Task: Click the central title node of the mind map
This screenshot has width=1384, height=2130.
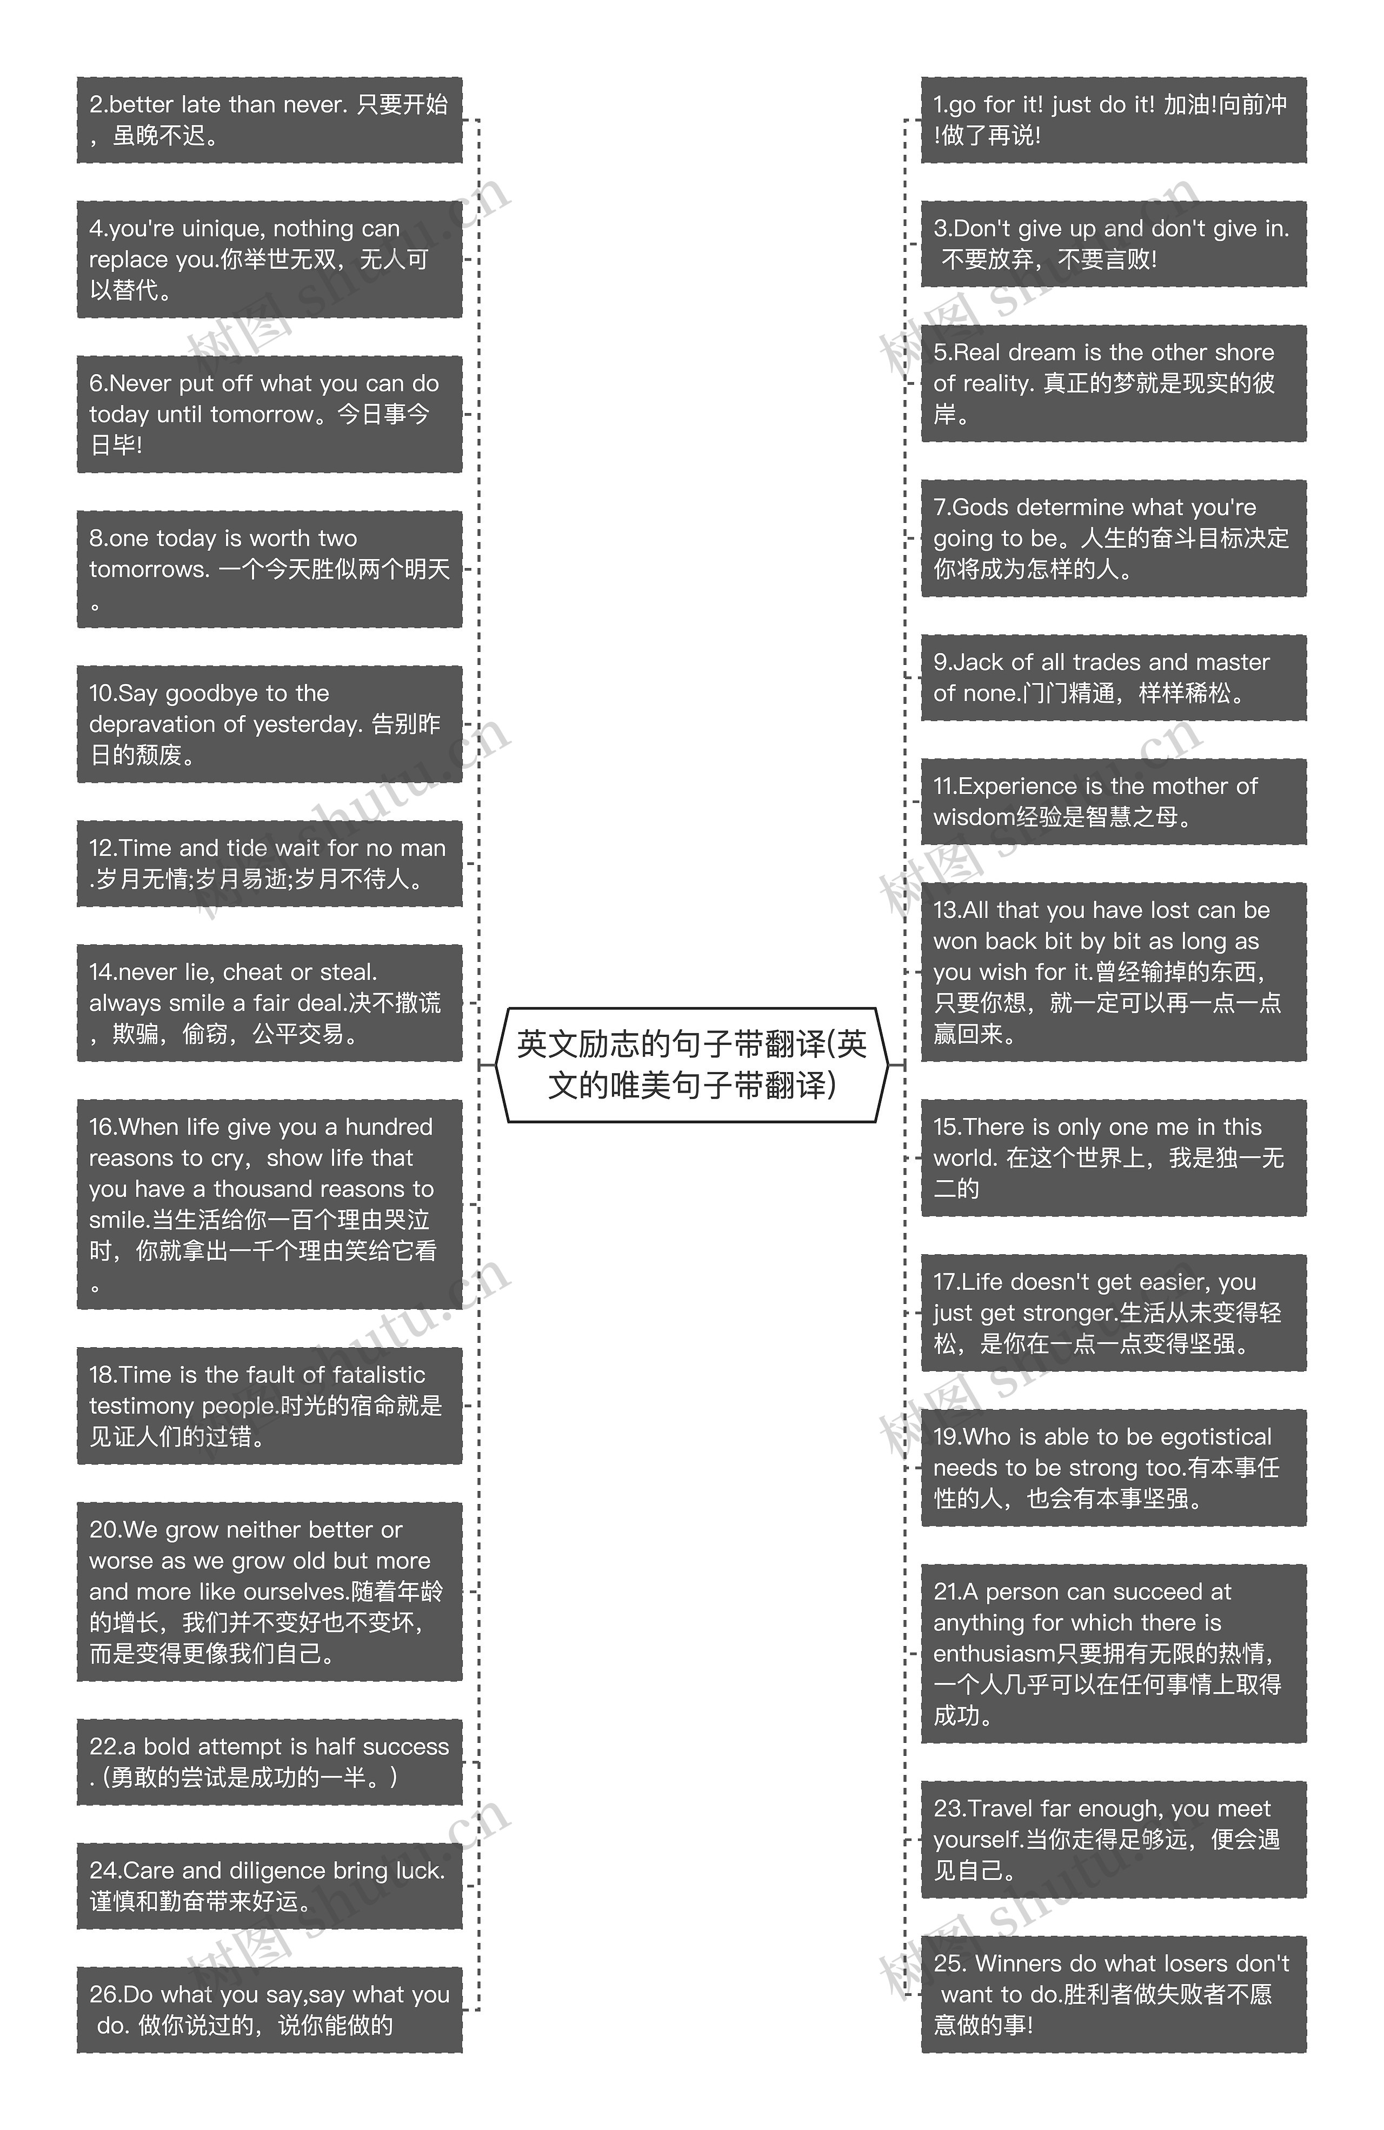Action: pos(691,1064)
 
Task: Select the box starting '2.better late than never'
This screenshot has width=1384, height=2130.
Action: pos(269,120)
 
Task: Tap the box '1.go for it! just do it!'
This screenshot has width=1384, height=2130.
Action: pos(1113,120)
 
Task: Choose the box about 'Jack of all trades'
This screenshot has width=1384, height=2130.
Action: pos(1113,677)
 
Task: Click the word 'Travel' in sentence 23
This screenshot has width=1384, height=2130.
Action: pos(1000,1809)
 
